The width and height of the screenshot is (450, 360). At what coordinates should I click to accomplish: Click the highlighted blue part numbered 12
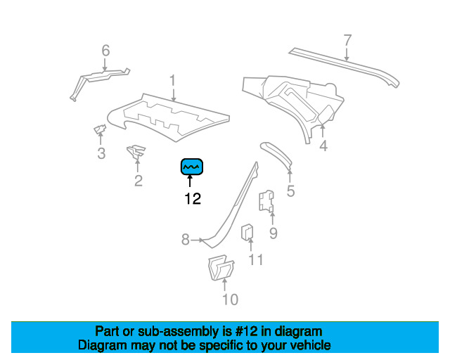click(192, 166)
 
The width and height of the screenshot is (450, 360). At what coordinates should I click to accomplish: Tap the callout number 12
click(192, 199)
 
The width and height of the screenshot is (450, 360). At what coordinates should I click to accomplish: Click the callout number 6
click(105, 51)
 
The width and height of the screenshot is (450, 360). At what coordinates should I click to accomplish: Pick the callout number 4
click(323, 146)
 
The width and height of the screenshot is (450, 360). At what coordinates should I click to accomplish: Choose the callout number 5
click(290, 191)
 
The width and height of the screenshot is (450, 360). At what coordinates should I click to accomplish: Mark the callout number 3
click(101, 154)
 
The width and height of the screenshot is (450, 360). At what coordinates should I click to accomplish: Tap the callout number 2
click(138, 181)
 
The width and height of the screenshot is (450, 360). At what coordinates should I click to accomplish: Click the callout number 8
click(186, 240)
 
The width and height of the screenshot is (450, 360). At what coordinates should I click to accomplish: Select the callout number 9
click(273, 233)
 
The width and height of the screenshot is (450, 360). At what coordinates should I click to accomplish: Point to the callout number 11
click(255, 260)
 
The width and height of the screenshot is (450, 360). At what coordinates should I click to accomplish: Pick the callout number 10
click(230, 300)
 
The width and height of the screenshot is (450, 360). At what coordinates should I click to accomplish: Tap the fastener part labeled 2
click(135, 150)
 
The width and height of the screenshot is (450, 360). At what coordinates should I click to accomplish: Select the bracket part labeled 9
click(267, 201)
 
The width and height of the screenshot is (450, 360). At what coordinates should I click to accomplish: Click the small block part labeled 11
click(247, 231)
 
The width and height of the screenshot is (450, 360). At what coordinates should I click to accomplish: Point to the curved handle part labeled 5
click(278, 155)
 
